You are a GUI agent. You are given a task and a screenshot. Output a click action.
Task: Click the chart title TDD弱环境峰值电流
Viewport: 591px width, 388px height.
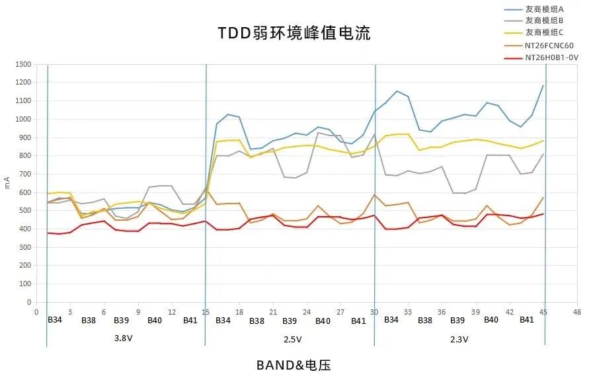tap(294, 32)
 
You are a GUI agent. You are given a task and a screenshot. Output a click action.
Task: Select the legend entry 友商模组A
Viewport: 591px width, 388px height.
tap(544, 9)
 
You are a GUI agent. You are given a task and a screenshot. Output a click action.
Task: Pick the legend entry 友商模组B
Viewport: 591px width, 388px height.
tap(544, 20)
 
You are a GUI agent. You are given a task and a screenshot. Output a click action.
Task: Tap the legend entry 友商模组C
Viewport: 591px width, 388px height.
tap(544, 32)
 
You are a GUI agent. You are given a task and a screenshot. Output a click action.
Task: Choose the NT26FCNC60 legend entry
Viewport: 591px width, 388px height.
tap(549, 45)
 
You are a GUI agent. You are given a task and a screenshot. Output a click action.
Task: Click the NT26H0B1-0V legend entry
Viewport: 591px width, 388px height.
tap(551, 58)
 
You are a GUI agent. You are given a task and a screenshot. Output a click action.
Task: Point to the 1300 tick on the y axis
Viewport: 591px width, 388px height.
tap(23, 64)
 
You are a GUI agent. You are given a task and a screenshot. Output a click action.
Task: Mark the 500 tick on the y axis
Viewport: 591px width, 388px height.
tap(24, 210)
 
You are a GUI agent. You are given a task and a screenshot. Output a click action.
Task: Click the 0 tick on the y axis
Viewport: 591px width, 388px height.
tap(29, 302)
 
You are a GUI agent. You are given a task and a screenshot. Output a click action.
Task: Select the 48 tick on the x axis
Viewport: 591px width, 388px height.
tap(577, 311)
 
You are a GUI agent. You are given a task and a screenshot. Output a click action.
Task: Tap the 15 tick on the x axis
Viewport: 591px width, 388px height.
tap(206, 311)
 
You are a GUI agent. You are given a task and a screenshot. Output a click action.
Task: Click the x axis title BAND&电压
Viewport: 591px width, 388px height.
tap(294, 364)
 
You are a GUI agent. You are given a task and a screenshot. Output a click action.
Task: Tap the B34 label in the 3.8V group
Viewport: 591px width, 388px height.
tap(55, 321)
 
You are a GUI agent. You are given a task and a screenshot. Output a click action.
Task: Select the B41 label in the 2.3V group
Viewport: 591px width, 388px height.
tap(526, 320)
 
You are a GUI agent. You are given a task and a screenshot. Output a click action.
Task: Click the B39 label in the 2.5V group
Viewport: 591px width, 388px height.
tap(290, 321)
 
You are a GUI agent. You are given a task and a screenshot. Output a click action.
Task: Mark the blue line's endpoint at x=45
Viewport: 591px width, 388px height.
tap(543, 85)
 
